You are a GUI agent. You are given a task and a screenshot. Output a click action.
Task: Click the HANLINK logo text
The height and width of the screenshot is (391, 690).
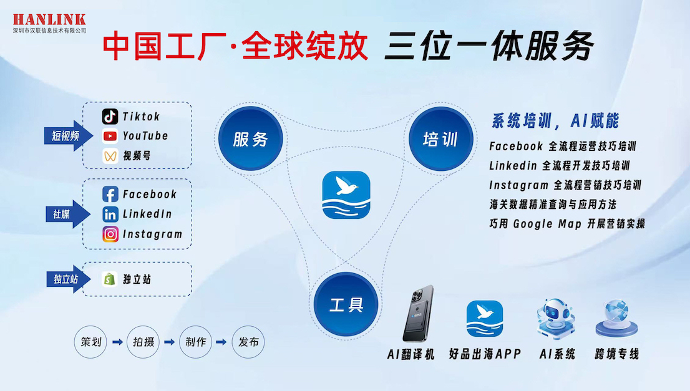[x=49, y=19]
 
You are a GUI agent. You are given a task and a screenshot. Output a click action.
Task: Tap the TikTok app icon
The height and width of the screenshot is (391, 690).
[x=110, y=117]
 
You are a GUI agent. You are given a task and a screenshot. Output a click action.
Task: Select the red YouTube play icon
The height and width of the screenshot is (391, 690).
[x=110, y=136]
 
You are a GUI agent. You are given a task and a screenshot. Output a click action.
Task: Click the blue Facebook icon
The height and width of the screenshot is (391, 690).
[x=110, y=195]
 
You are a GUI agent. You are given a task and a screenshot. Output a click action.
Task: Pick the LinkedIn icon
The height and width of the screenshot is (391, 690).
[x=110, y=215]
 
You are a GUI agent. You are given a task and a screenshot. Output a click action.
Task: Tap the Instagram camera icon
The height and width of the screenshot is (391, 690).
[x=110, y=234]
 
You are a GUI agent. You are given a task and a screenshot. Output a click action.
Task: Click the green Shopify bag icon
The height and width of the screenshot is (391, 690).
[x=110, y=279]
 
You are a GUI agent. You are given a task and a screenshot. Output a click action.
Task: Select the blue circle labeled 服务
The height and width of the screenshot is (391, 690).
[x=250, y=139]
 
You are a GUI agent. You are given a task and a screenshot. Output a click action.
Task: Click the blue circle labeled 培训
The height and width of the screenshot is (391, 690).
[x=440, y=139]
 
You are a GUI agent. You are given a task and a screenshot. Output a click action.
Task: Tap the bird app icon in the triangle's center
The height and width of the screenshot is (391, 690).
[x=346, y=195]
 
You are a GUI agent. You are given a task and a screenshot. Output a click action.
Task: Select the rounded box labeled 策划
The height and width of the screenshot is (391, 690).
[x=91, y=342]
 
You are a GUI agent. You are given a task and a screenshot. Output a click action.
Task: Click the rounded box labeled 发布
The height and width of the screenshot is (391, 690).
[x=248, y=342]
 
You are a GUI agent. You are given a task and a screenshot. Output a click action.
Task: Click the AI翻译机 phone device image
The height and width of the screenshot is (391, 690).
[x=417, y=314]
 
